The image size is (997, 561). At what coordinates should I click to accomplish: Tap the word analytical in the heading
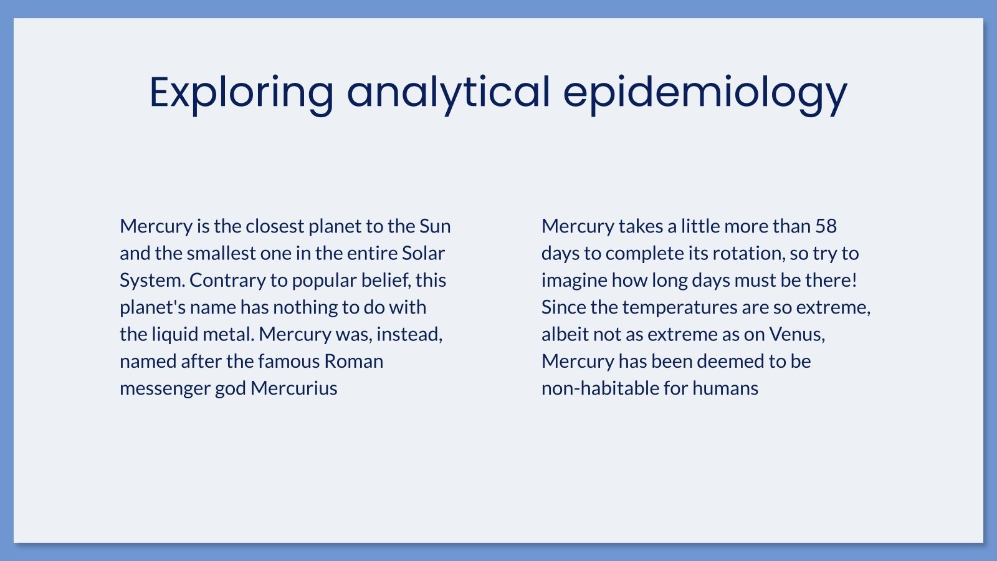pyautogui.click(x=448, y=92)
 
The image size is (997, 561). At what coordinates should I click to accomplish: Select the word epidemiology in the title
pyautogui.click(x=705, y=92)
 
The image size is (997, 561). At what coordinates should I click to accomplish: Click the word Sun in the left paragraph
pyautogui.click(x=435, y=226)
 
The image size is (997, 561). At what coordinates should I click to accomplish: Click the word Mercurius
pyautogui.click(x=293, y=388)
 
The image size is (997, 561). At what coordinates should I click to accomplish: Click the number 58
pyautogui.click(x=826, y=226)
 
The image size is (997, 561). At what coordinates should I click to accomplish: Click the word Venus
pyautogui.click(x=797, y=334)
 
